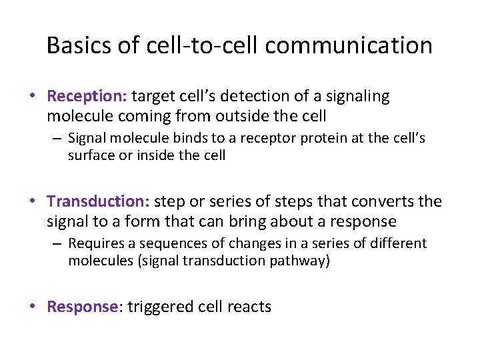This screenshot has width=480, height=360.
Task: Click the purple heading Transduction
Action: (x=99, y=201)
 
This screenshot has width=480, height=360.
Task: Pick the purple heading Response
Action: (x=82, y=307)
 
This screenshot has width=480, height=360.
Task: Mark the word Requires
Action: (x=93, y=244)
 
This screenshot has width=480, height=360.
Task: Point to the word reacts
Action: (x=249, y=307)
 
